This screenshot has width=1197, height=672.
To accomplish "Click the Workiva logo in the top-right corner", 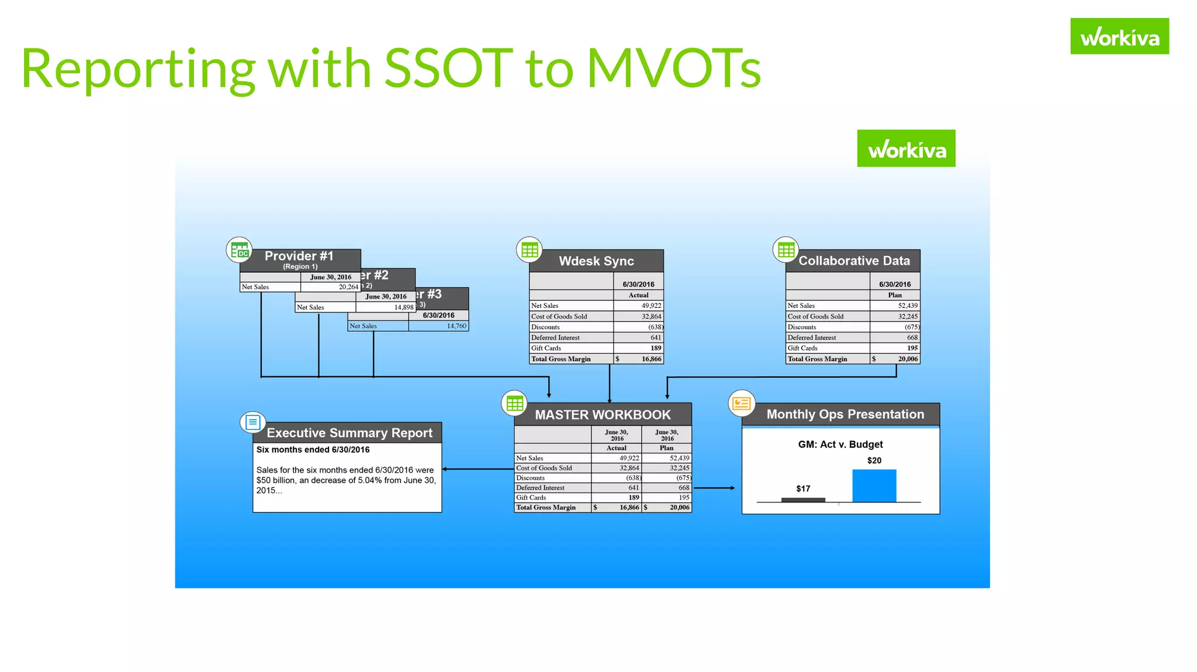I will pos(1119,36).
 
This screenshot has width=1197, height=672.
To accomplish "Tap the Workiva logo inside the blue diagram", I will pos(906,148).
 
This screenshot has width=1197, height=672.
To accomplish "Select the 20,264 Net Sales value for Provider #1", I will pos(348,287).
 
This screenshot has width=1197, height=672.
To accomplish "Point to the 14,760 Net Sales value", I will pos(456,326).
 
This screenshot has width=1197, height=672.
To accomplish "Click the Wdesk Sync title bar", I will pos(596,261).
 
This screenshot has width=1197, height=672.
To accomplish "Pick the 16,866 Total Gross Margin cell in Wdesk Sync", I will pos(651,359).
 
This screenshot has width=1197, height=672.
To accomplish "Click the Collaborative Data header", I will pos(853,261).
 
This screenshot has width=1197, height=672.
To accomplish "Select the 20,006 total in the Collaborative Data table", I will pos(908,359).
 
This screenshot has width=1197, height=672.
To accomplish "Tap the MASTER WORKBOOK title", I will pos(603,415).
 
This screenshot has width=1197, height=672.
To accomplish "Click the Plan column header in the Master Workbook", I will pos(666,448).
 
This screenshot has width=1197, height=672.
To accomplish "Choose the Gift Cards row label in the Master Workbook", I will pos(531,497).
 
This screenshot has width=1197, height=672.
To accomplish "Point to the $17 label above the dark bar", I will pos(803,489).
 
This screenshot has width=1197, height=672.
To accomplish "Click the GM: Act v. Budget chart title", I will pos(840,444).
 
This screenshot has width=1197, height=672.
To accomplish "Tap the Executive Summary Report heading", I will pos(350,433).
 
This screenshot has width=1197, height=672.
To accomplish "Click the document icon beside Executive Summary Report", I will pos(253,422).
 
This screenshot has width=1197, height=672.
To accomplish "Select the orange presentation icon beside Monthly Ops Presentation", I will pos(741,403).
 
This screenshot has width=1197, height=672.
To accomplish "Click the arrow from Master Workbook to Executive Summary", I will pos(476,469).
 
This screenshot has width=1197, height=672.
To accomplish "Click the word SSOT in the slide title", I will pos(448,68).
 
